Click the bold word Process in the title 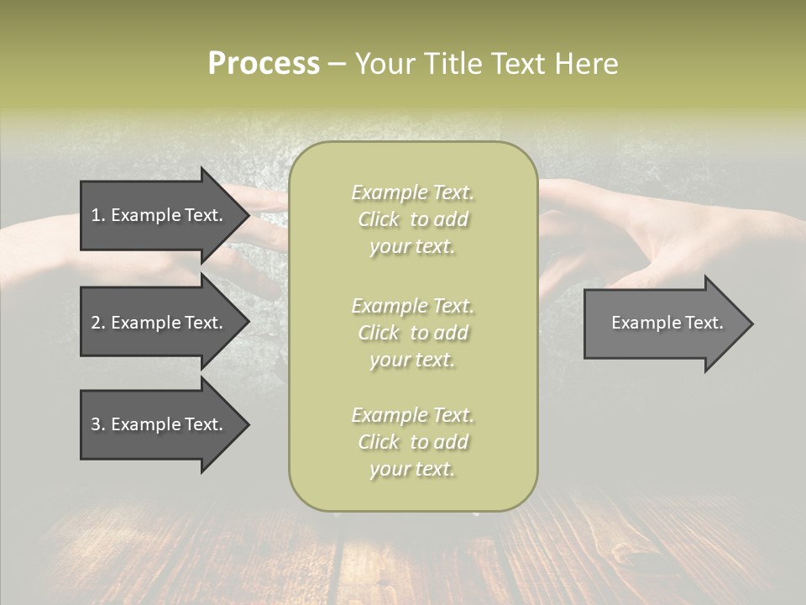point(264,63)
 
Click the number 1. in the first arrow point(98,215)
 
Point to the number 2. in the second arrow point(98,323)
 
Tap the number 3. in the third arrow point(98,424)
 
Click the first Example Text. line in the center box point(413,192)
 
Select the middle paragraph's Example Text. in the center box point(413,305)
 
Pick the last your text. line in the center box point(411,469)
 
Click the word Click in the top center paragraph point(378,220)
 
